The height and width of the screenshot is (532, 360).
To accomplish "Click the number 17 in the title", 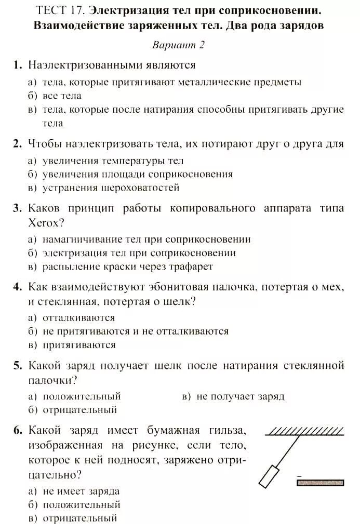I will (78, 10).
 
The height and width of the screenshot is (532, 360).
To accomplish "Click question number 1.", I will (17, 65).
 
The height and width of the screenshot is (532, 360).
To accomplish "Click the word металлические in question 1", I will (220, 82).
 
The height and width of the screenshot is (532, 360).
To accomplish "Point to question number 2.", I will (17, 144).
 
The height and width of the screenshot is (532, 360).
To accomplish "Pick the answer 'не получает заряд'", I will (241, 396).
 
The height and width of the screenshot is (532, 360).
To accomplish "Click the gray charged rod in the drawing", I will (319, 482).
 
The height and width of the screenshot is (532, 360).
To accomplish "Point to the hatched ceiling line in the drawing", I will (305, 431).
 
